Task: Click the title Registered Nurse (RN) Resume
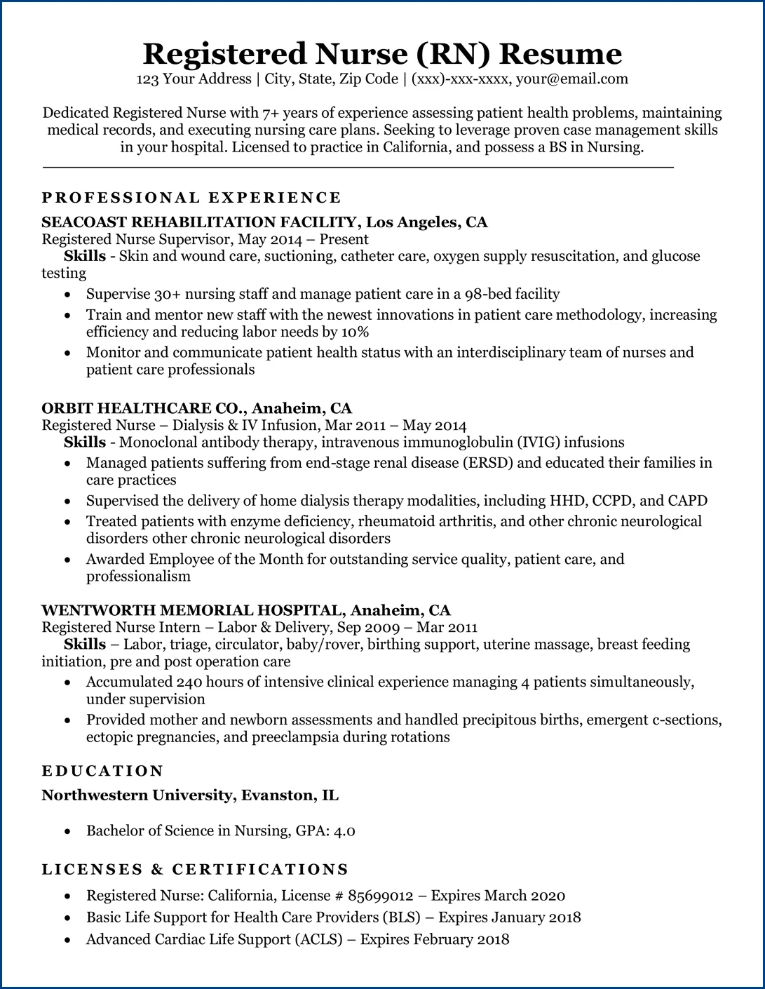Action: coord(382,53)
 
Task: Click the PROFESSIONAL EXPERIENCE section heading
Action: coord(191,198)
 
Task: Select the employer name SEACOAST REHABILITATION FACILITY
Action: coord(199,222)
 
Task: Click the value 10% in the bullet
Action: coord(355,332)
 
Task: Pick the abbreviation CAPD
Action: coord(687,501)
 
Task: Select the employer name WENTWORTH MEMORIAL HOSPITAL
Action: coord(192,610)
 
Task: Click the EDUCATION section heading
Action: coord(102,772)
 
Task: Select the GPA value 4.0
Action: coord(344,831)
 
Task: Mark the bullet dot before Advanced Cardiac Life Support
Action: coord(67,940)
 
